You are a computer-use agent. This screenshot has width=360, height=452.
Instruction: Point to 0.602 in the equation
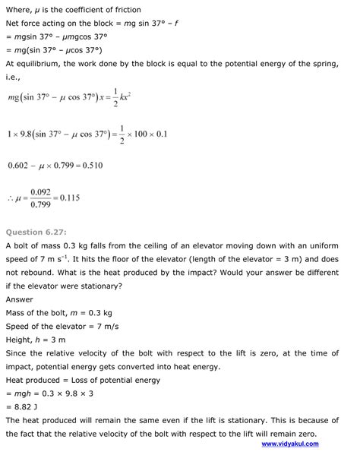[19, 164]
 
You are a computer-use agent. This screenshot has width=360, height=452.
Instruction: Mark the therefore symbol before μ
[10, 199]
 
